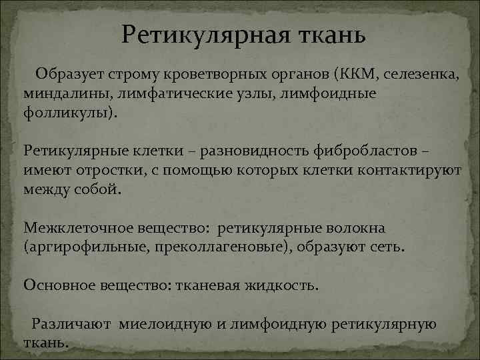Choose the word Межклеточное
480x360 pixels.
[67, 229]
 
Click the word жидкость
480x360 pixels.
[284, 285]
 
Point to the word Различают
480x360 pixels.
[74, 324]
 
